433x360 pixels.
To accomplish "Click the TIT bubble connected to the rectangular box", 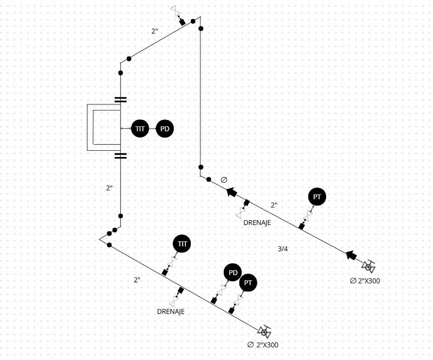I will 140,129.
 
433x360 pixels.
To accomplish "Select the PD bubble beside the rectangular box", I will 165,129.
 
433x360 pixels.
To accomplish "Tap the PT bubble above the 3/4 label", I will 317,197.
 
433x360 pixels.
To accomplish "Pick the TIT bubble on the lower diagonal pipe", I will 182,244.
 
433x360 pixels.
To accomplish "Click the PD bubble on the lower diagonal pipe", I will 233,272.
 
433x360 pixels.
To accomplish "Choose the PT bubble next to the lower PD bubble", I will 248,283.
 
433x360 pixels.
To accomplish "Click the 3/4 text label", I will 283,249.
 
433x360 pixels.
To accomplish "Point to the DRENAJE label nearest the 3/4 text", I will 257,222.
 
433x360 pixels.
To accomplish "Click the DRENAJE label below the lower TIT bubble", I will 170,311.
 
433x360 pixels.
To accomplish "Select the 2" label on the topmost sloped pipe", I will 155,31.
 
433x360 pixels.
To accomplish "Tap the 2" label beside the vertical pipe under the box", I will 109,188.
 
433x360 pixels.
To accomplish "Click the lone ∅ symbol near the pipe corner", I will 224,180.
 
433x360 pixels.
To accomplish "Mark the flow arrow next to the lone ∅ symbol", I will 232,192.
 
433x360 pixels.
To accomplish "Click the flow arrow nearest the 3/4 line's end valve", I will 351,255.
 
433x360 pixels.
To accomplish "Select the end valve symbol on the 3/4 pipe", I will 369,267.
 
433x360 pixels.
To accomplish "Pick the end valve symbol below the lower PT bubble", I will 264,332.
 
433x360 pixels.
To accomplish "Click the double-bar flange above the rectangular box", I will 120,99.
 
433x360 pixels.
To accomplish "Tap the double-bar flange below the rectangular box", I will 120,156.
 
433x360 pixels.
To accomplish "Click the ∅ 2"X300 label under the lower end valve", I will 263,345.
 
